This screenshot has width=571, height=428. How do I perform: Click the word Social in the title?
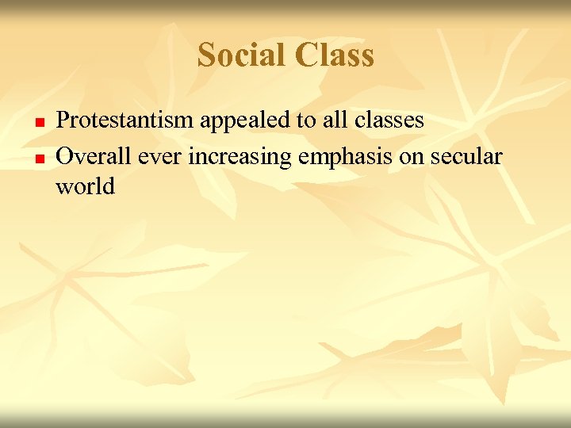click(x=242, y=55)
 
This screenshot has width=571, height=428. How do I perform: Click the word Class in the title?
click(x=334, y=55)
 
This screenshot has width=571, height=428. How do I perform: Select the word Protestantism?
click(x=125, y=120)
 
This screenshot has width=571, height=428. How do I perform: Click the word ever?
click(x=158, y=157)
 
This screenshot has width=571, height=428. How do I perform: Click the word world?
click(x=86, y=187)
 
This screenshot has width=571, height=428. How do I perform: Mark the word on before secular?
click(x=411, y=157)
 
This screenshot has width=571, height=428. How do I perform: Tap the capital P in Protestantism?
click(x=63, y=120)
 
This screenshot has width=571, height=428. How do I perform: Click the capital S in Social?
click(x=207, y=55)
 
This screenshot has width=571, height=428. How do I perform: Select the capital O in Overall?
click(x=65, y=156)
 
